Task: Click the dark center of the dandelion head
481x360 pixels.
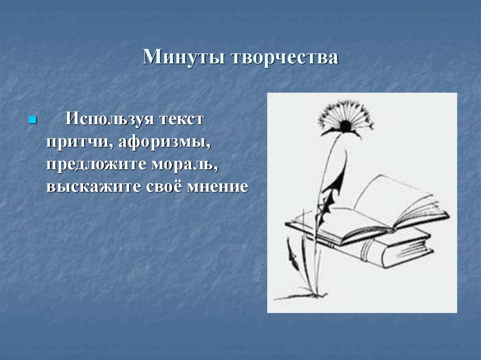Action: click(x=345, y=126)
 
